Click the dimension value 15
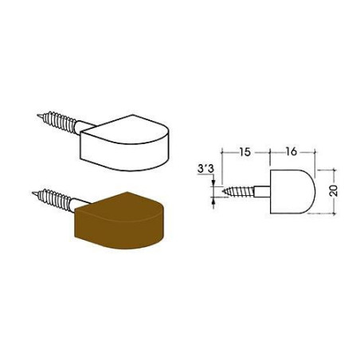point(245,152)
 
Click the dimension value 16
point(292,152)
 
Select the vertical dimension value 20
point(334,190)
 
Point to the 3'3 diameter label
point(205,169)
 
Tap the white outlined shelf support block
point(124,143)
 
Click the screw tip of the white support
point(37,115)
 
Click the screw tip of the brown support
point(33,193)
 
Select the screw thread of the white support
point(58,122)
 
